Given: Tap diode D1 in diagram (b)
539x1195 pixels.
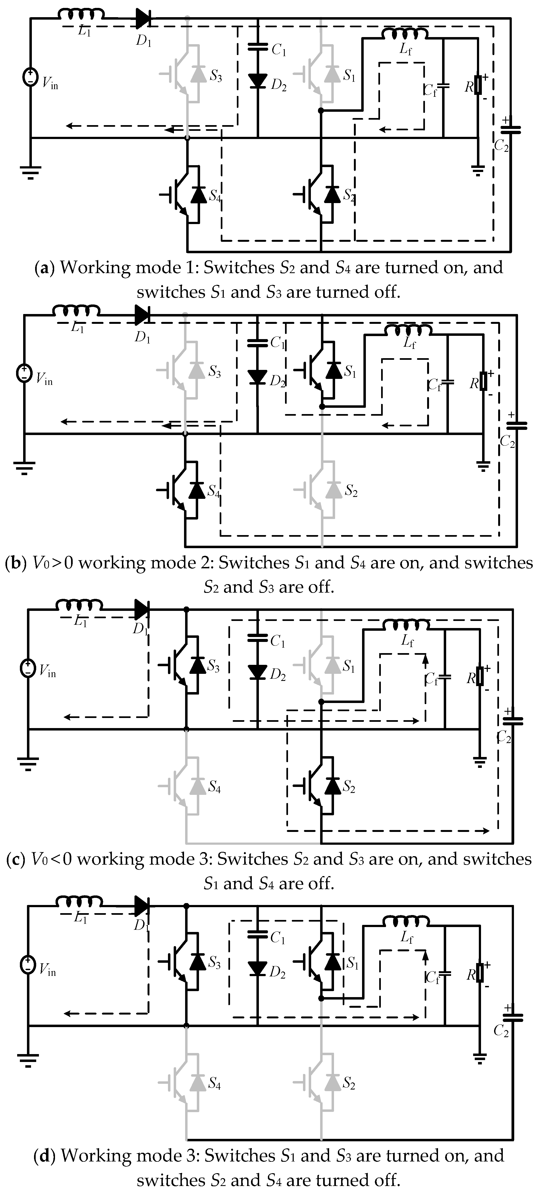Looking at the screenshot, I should tap(142, 315).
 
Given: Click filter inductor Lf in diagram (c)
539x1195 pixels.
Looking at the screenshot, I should tap(406, 626).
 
